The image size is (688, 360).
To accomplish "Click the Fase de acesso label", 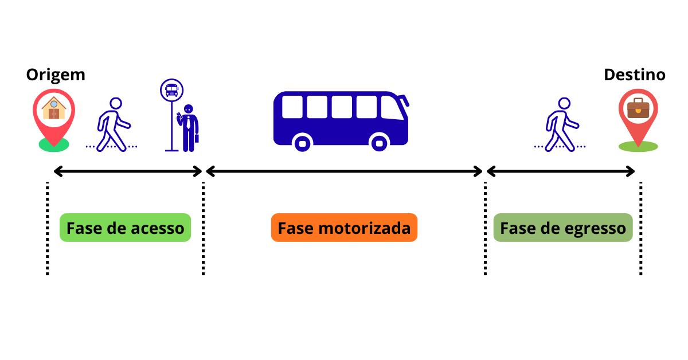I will (125, 228).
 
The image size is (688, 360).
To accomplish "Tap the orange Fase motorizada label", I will (344, 228).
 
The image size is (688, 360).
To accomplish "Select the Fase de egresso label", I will (562, 228).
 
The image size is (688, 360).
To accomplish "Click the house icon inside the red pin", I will (54, 108).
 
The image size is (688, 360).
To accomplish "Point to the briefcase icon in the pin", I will (638, 108).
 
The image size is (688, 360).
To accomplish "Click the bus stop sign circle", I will (171, 90).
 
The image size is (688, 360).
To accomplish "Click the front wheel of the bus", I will (380, 142).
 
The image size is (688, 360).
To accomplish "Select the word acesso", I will (158, 228).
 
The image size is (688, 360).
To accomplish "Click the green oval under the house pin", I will (54, 146).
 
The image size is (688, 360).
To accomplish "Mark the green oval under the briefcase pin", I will (638, 147).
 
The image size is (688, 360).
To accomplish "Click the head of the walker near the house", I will (116, 103).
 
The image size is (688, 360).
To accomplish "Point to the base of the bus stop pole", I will (171, 150).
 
